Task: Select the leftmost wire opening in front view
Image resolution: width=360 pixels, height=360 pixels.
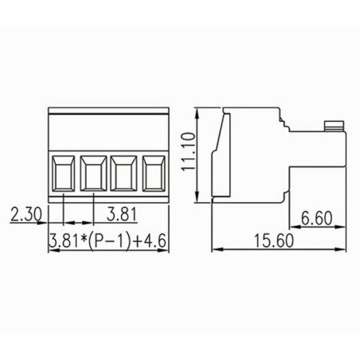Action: tap(62, 171)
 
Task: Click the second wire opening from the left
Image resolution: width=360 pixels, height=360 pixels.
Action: tap(93, 171)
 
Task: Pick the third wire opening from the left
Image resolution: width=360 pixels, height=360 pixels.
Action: tap(124, 171)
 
